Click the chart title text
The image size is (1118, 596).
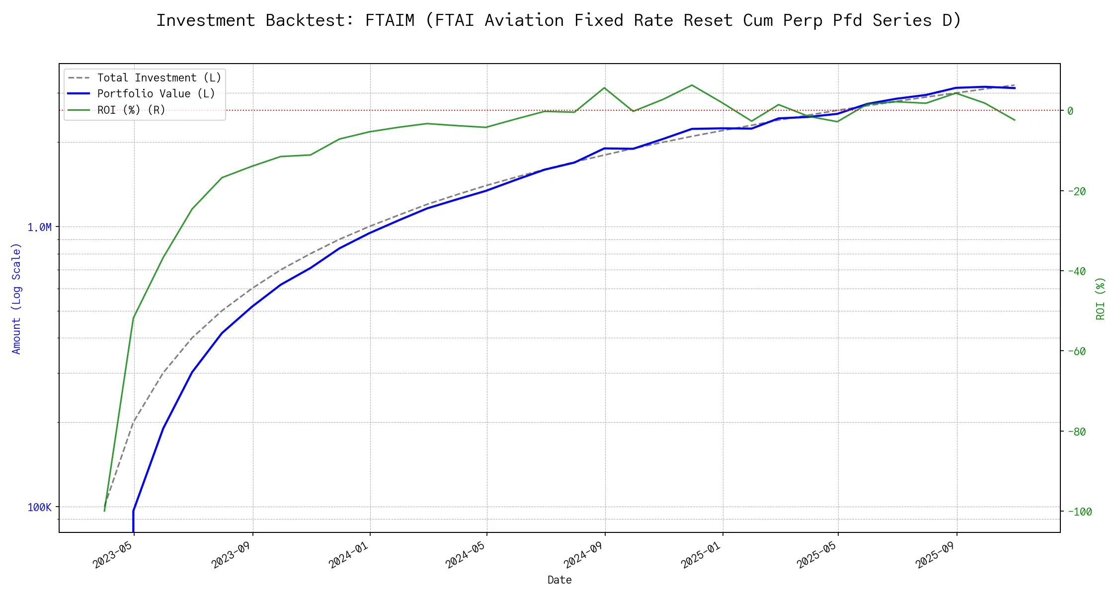tap(559, 20)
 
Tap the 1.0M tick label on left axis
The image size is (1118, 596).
tap(39, 227)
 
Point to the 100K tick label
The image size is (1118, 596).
tap(39, 508)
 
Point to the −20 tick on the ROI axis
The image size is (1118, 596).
tap(1077, 191)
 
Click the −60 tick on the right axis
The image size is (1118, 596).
tap(1077, 352)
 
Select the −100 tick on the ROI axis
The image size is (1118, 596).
tap(1079, 512)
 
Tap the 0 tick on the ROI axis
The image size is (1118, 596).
tap(1070, 111)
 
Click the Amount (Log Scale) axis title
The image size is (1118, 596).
tap(16, 298)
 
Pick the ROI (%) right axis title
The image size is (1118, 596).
tap(1100, 298)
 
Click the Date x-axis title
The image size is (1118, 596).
tap(559, 580)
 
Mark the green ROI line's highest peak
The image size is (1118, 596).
tap(692, 85)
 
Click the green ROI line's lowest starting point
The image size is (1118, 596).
tap(104, 511)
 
